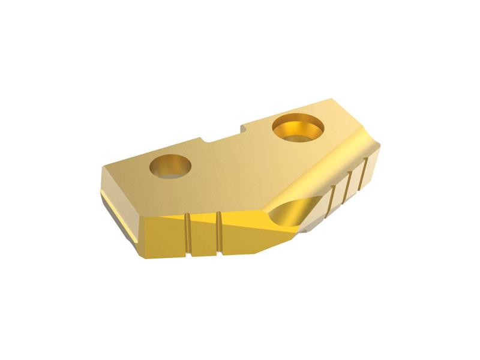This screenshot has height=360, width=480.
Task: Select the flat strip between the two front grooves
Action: pos(203,235)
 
